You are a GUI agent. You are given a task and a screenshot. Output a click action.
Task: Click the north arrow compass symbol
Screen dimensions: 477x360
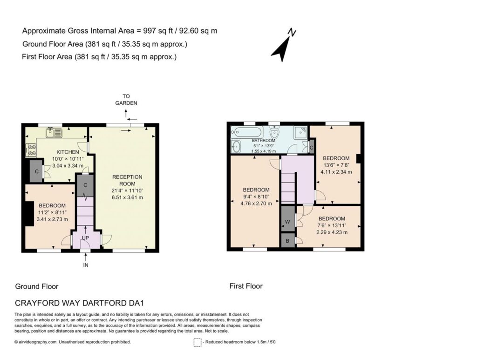[283, 46]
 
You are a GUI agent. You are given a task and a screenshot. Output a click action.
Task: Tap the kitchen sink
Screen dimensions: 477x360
[54, 133]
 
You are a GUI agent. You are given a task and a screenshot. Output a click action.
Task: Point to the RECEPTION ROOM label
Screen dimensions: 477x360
[127, 180]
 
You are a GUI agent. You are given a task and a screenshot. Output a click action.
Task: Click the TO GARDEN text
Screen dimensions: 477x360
[126, 100]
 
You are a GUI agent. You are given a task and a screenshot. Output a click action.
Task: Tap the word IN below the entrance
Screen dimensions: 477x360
[86, 265]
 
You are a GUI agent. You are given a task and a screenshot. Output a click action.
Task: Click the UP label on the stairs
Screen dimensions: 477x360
[86, 238]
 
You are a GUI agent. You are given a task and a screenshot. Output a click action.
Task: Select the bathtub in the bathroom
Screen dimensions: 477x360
[246, 133]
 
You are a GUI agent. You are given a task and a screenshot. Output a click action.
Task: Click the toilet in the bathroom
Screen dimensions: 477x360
[275, 132]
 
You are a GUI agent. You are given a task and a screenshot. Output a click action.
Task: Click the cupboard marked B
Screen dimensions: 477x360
[287, 241]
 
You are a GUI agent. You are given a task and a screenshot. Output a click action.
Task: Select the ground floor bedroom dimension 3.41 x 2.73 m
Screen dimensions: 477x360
[52, 219]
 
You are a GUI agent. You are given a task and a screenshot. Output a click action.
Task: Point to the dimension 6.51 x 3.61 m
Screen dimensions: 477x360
[127, 197]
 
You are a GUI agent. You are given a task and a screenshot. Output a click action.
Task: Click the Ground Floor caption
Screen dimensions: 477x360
[37, 286]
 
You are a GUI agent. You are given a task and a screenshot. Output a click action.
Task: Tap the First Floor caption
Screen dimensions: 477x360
[246, 286]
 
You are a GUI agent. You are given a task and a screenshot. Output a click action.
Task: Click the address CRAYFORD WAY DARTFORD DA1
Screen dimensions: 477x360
[79, 303]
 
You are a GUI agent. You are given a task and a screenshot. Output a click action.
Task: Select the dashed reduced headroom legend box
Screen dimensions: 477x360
[198, 343]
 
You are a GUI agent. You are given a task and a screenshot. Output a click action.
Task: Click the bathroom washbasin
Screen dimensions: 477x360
[236, 147]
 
